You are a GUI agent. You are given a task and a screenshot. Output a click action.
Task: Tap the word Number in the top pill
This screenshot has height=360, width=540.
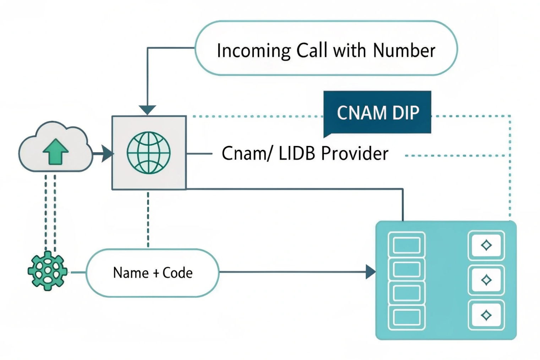pyautogui.click(x=404, y=50)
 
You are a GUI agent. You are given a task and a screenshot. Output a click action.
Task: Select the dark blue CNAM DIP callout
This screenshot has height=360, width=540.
pyautogui.click(x=377, y=113)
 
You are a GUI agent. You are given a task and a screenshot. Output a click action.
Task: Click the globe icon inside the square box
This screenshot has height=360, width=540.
pyautogui.click(x=149, y=153)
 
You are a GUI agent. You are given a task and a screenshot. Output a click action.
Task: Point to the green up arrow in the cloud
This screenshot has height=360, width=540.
pyautogui.click(x=55, y=151)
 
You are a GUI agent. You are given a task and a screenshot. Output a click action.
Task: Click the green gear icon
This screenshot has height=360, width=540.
pyautogui.click(x=48, y=271)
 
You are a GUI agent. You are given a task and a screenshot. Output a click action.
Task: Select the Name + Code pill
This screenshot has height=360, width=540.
pyautogui.click(x=153, y=273)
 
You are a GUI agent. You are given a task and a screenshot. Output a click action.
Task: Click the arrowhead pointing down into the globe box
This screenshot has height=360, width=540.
pyautogui.click(x=147, y=110)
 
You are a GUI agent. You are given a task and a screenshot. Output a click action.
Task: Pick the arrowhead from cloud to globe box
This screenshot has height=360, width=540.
pyautogui.click(x=107, y=154)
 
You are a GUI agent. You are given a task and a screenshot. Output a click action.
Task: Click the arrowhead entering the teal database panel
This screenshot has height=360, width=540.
pyautogui.click(x=371, y=272)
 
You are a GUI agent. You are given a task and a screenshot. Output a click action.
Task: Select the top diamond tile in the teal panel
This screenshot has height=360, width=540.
pyautogui.click(x=486, y=245)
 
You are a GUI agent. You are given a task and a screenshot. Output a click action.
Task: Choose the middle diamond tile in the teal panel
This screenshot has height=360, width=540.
pyautogui.click(x=486, y=280)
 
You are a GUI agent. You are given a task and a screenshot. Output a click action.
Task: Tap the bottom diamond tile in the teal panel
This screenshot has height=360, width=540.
pyautogui.click(x=486, y=315)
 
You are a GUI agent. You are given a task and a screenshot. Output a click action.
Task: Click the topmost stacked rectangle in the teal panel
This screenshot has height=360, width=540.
pyautogui.click(x=407, y=245)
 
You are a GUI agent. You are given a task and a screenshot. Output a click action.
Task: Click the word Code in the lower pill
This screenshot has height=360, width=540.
pyautogui.click(x=178, y=273)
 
